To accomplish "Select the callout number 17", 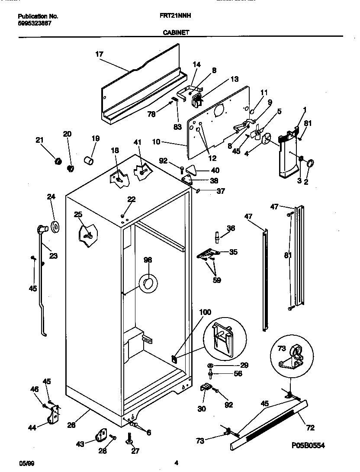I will coord(99,54).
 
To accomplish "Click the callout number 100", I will coord(205,312).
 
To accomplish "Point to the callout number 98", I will coord(148,260).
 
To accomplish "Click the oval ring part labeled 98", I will coord(148,284).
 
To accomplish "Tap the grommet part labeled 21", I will coord(56,161).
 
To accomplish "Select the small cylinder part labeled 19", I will coord(89,161).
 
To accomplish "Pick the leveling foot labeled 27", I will coord(129,439).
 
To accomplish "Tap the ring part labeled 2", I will coord(310,163).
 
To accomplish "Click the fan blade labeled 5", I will coord(258,134).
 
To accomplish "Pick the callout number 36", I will coord(231,228).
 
